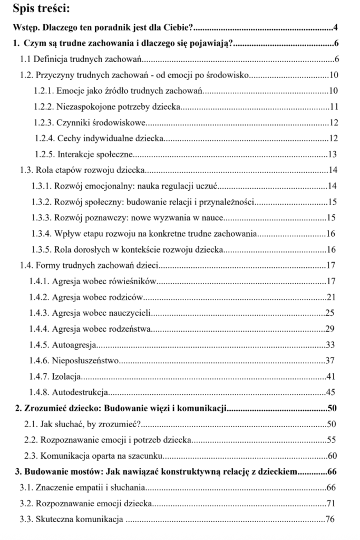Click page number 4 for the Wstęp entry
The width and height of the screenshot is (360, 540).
(x=335, y=27)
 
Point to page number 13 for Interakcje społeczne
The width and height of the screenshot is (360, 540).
(x=332, y=155)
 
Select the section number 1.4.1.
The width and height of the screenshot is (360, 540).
(x=40, y=281)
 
